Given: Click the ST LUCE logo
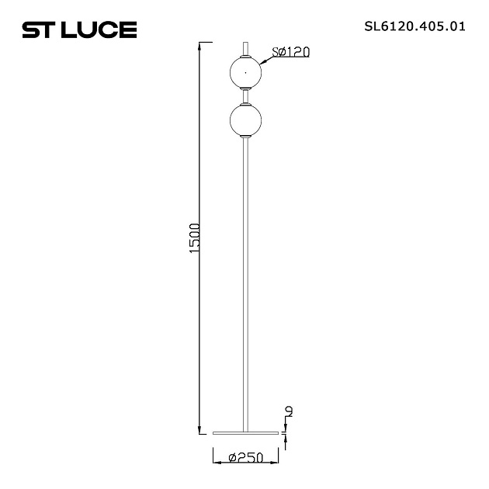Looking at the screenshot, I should click(x=79, y=29).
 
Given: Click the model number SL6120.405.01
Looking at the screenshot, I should click(x=414, y=26).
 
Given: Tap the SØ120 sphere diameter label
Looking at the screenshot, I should click(x=292, y=52).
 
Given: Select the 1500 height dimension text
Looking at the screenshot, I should click(x=196, y=238).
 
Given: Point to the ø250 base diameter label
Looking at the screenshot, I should click(x=245, y=459).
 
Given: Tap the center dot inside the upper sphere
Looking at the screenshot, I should click(x=246, y=72).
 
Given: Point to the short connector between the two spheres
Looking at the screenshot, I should click(x=246, y=95).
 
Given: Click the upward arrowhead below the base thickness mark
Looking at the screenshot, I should click(x=288, y=439).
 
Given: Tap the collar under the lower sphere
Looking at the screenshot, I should click(x=246, y=137).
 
